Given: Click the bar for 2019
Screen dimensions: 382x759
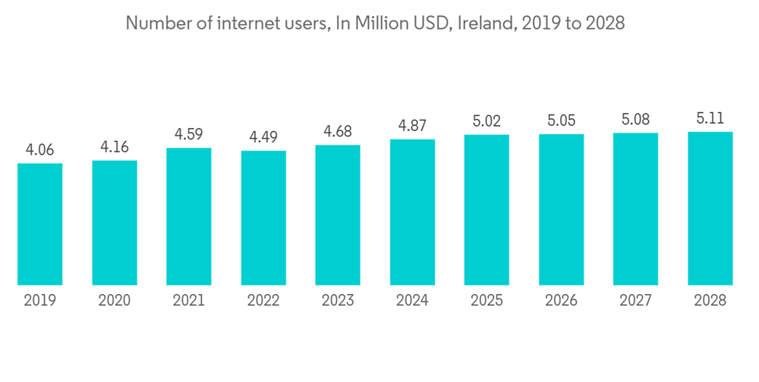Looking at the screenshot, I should [40, 224].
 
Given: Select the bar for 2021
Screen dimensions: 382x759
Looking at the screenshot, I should [189, 217].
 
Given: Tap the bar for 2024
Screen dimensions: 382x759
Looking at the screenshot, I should [412, 212].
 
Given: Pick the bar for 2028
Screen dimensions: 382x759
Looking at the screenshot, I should [710, 208].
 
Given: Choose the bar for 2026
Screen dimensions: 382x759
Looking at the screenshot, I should [561, 210].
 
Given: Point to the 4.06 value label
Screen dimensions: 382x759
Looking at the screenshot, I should [40, 150].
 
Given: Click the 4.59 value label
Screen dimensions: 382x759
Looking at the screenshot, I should [189, 135].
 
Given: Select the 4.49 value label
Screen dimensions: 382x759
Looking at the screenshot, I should [263, 138].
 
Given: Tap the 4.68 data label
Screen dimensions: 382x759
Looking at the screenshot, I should [338, 132].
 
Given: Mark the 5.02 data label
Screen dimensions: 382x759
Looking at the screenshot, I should [487, 121].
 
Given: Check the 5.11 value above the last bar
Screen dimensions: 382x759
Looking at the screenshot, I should [710, 118].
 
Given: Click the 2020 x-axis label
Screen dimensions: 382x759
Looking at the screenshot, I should [115, 301].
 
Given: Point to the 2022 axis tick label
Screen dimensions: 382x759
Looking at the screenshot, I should [263, 301].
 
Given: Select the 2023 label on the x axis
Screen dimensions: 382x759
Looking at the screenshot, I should [338, 301].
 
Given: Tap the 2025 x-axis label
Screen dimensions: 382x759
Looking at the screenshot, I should [487, 301].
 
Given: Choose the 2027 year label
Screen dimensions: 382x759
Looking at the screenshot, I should [635, 301].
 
